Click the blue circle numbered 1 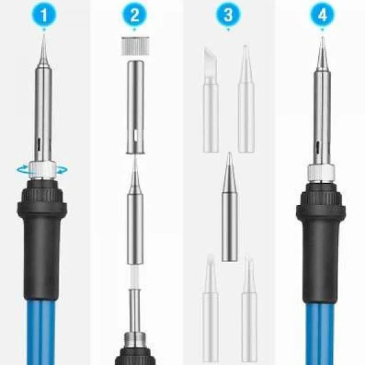(44, 15)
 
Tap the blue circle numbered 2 (134, 15)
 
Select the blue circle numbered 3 (228, 15)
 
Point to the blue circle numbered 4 (322, 15)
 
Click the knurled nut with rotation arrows (43, 170)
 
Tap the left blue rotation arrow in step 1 (23, 170)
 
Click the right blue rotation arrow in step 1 (63, 170)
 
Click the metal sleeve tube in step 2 (135, 106)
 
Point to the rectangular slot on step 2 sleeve (136, 136)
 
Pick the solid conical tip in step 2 (135, 210)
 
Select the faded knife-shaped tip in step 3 (210, 100)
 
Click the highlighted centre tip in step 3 (229, 207)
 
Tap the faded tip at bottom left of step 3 (210, 308)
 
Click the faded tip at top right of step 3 (246, 99)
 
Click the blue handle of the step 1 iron (40, 332)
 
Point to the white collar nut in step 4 (321, 172)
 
